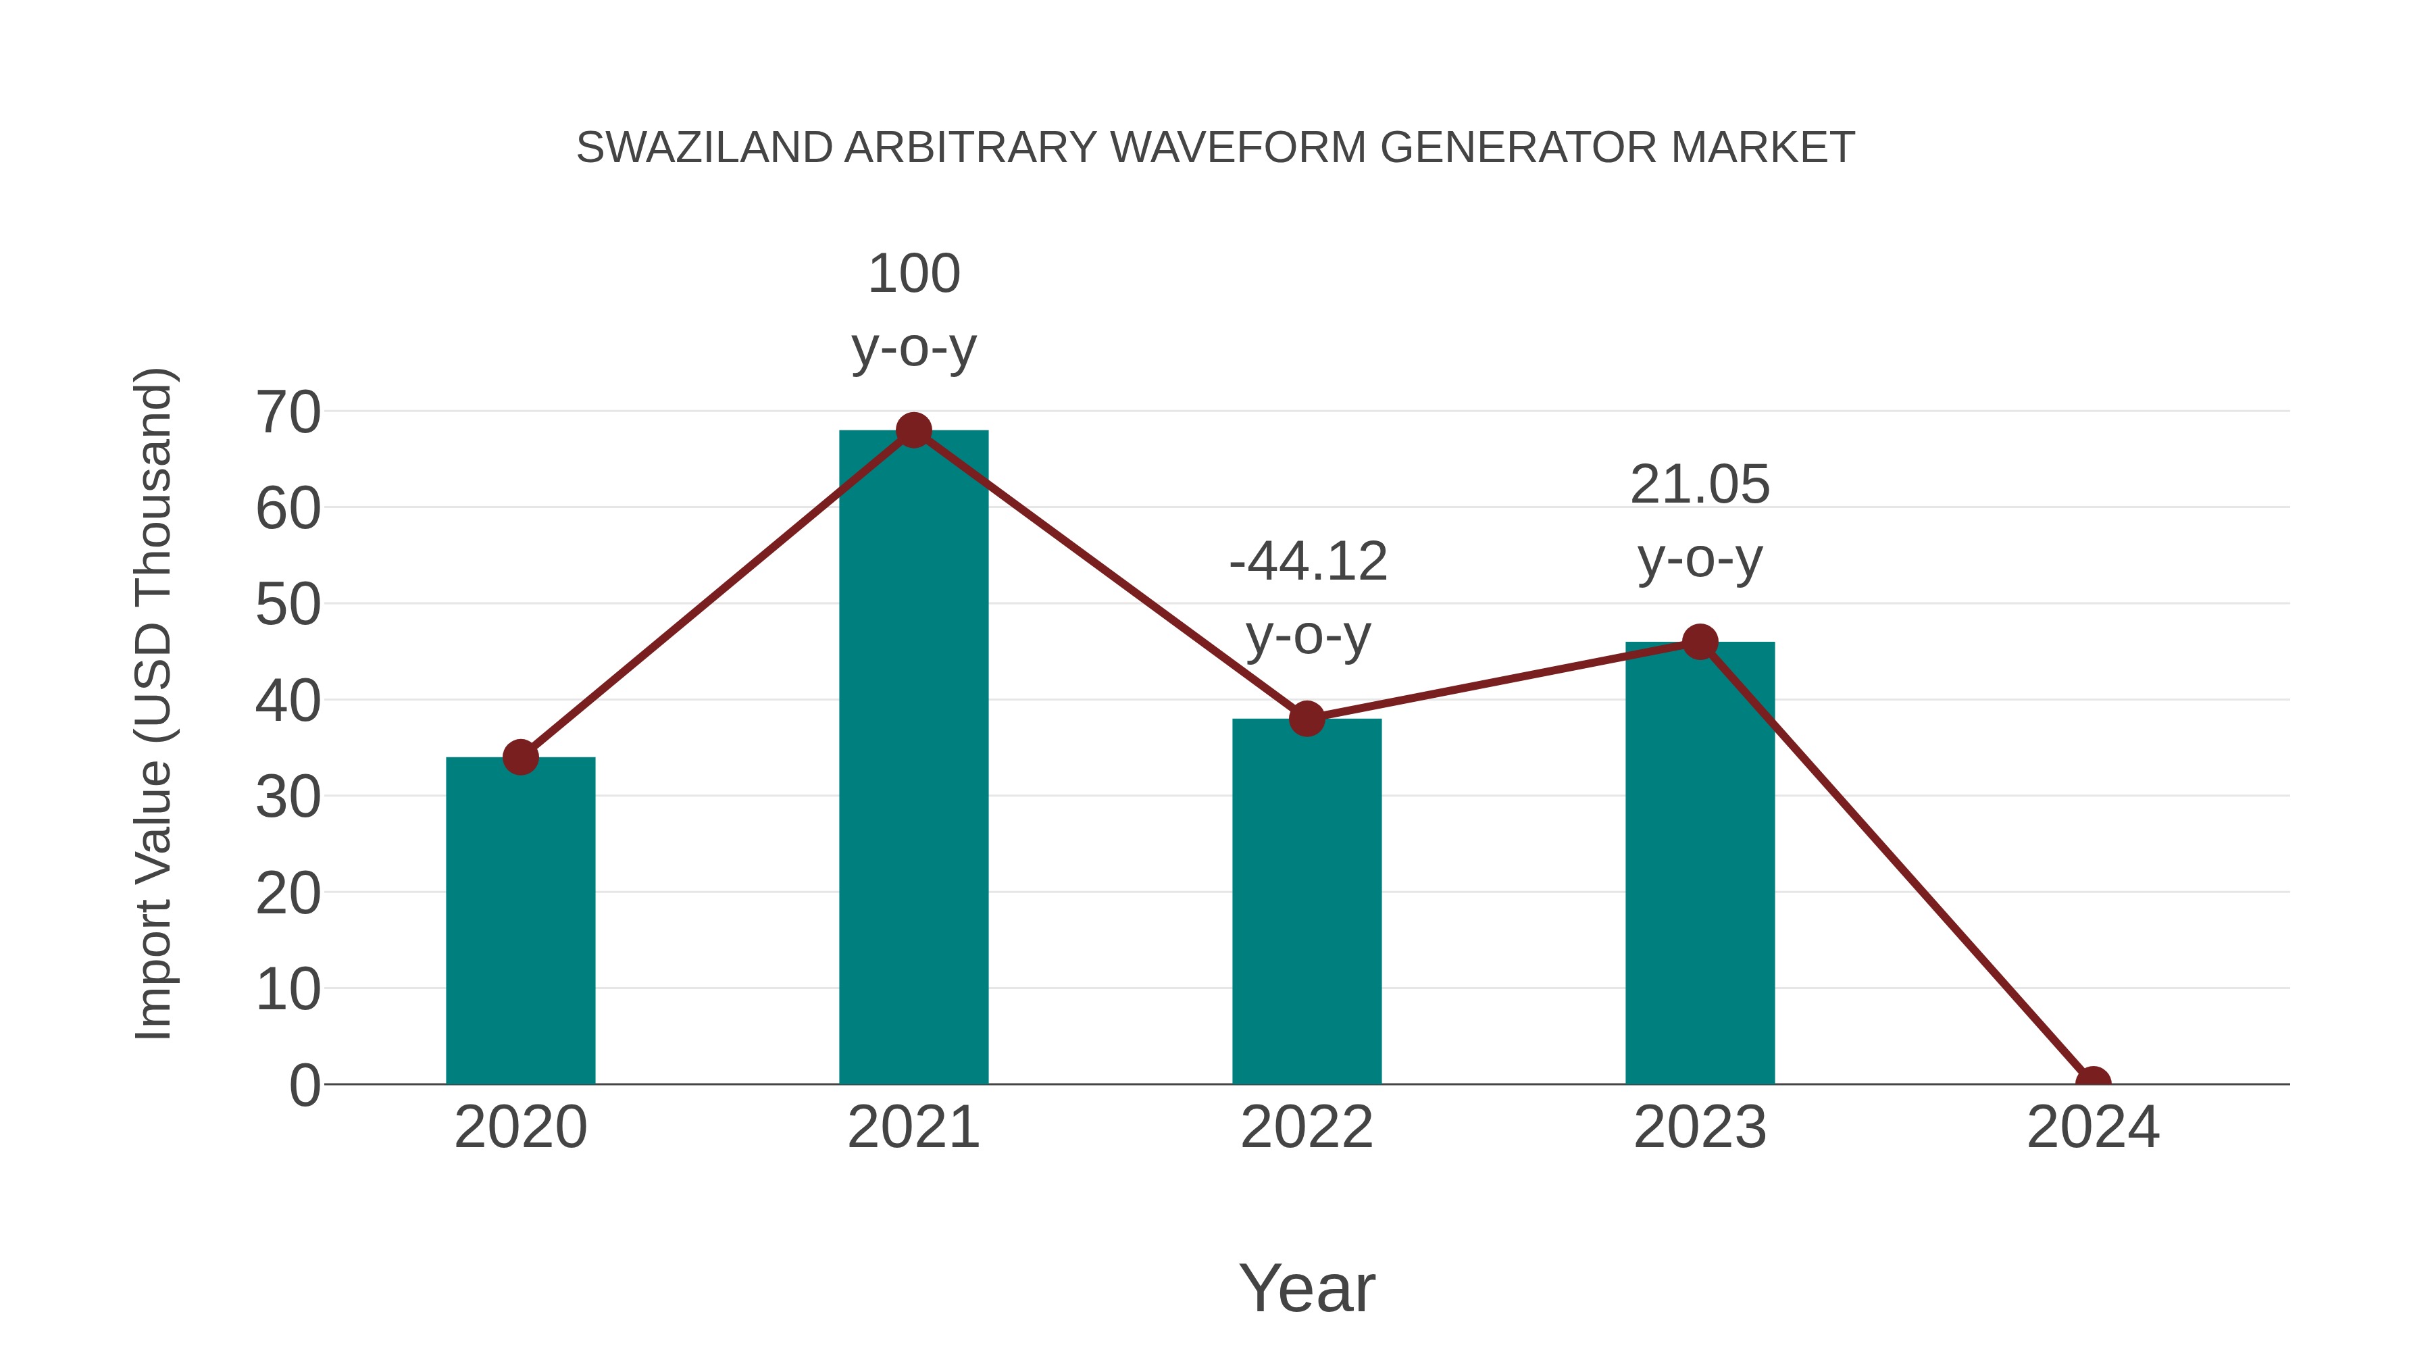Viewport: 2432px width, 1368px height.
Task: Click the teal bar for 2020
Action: [x=520, y=921]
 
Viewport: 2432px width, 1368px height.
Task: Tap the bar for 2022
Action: [x=1307, y=902]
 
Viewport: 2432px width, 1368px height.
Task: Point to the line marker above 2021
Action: [x=913, y=430]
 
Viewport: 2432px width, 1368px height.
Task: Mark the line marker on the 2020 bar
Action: [x=520, y=757]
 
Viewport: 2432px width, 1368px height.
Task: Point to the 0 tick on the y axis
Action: [x=304, y=1085]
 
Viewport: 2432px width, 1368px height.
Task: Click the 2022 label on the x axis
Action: [x=1307, y=1128]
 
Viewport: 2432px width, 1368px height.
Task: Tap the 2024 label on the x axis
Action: [x=2093, y=1128]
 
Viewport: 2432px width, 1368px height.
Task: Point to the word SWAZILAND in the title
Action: [x=705, y=148]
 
